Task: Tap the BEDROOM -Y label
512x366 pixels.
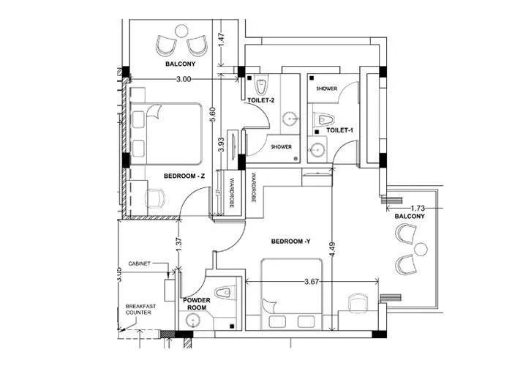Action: coord(291,241)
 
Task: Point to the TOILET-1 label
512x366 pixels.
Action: coord(340,130)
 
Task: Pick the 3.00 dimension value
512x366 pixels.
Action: coord(184,78)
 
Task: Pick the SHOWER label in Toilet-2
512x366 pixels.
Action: coord(282,146)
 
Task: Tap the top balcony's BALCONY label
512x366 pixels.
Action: coord(179,64)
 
